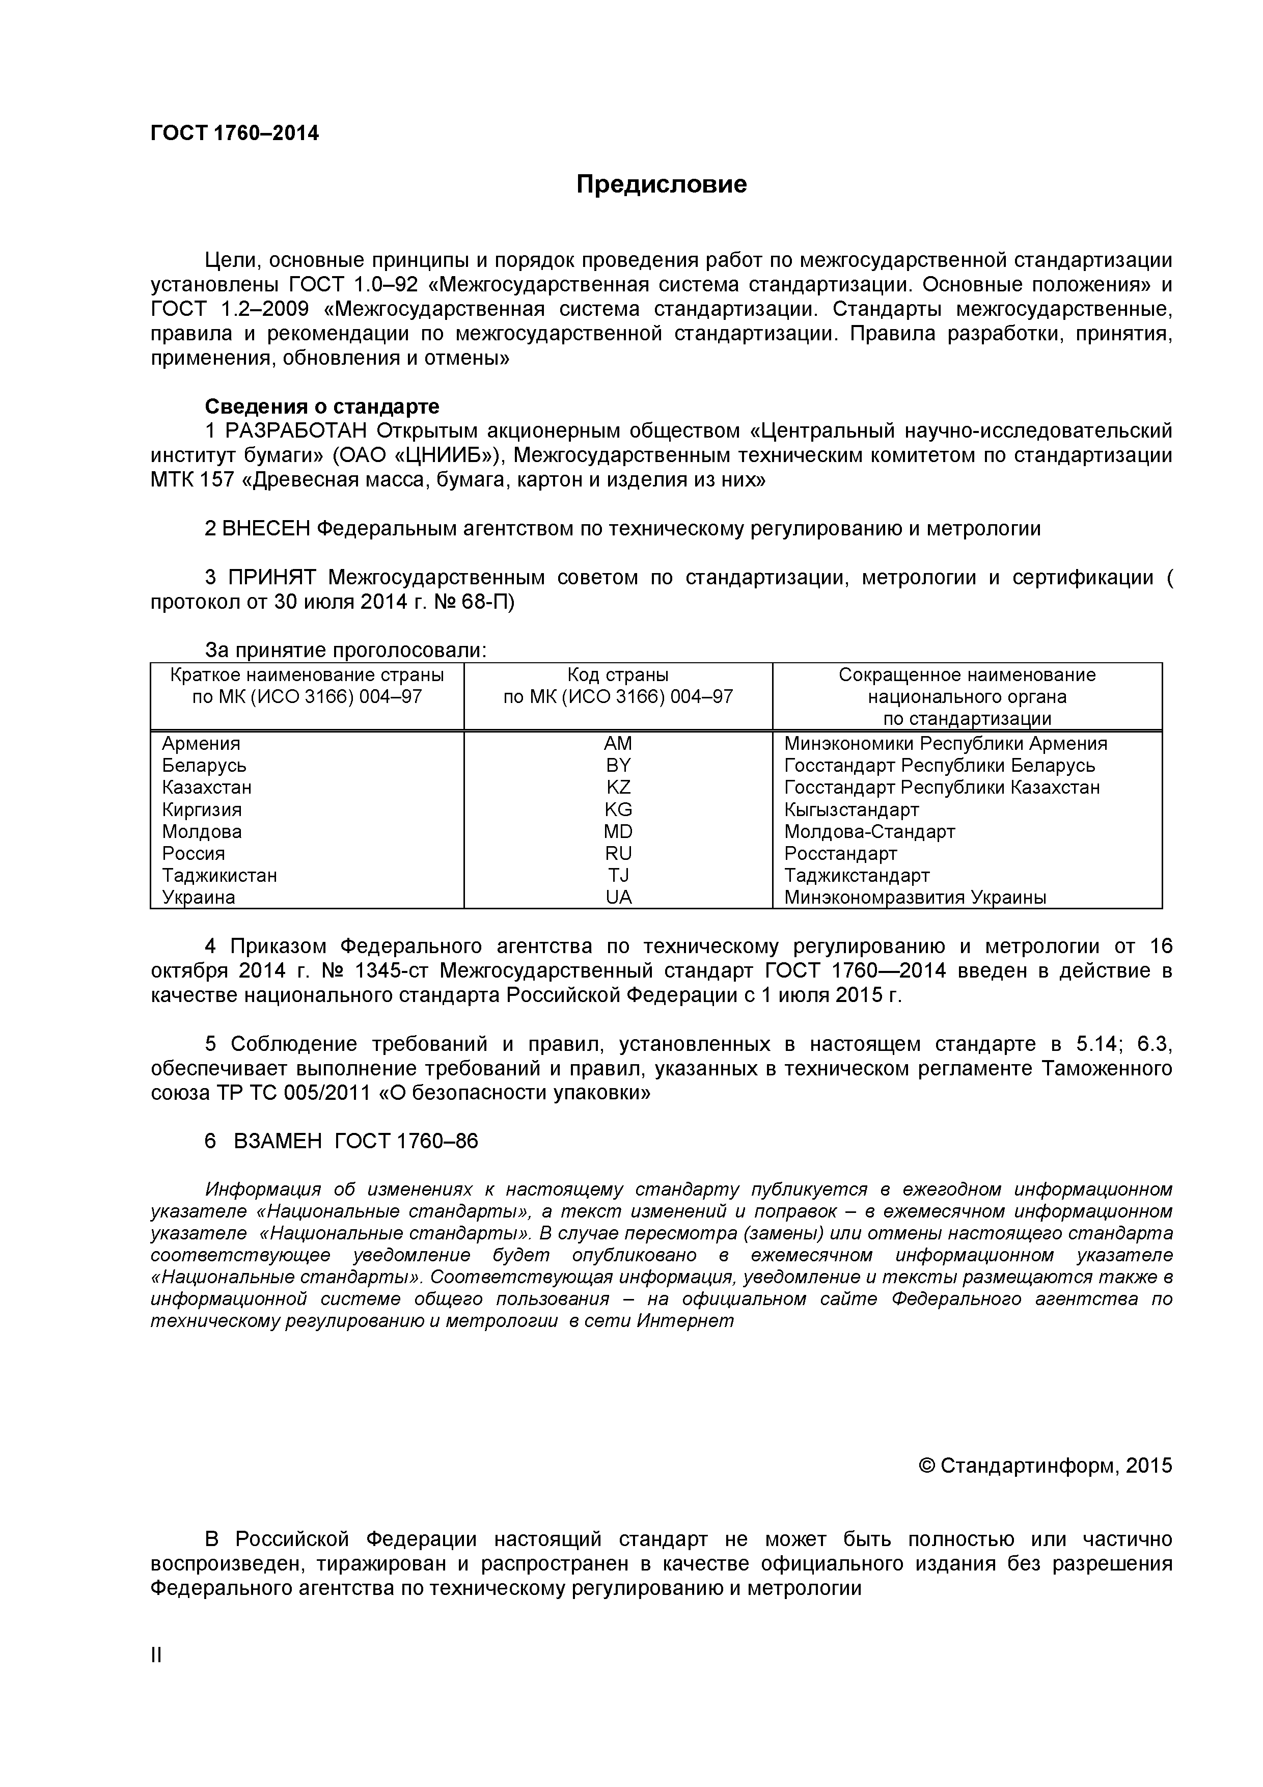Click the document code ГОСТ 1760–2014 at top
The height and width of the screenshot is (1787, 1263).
(234, 133)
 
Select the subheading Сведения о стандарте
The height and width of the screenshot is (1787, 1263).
(321, 407)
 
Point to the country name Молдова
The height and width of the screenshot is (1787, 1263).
(202, 831)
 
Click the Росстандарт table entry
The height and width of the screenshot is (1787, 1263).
(840, 854)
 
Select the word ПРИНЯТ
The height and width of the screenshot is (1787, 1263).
(271, 578)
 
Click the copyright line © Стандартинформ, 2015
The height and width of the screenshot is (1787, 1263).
(1045, 1466)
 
